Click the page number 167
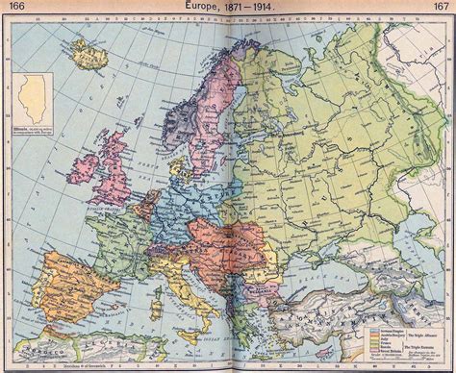(442, 8)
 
